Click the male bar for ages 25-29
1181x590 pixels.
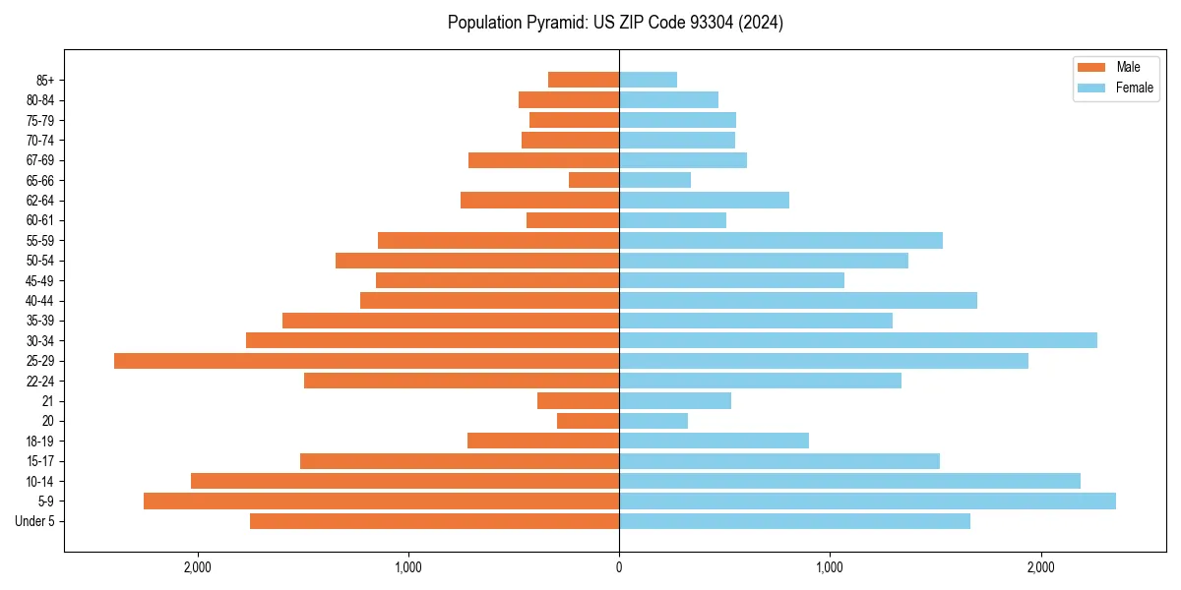(366, 361)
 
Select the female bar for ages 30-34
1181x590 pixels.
(857, 340)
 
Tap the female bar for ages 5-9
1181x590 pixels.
(867, 501)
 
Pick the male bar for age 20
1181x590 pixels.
(588, 421)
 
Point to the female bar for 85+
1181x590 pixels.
(648, 80)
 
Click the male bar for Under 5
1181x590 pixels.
(434, 521)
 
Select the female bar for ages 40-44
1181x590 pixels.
(797, 301)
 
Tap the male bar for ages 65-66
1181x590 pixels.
(593, 180)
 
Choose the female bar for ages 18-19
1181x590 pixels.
(714, 441)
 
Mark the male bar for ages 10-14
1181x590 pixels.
(404, 481)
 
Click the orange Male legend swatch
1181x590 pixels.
(1092, 68)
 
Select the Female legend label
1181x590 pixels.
(1134, 88)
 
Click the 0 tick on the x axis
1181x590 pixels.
(619, 567)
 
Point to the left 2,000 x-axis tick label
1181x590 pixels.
(198, 567)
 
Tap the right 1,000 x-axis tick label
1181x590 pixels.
(830, 567)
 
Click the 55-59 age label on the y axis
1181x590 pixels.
(40, 241)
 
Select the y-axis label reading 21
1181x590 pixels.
(48, 401)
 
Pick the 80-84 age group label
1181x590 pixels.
(40, 100)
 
